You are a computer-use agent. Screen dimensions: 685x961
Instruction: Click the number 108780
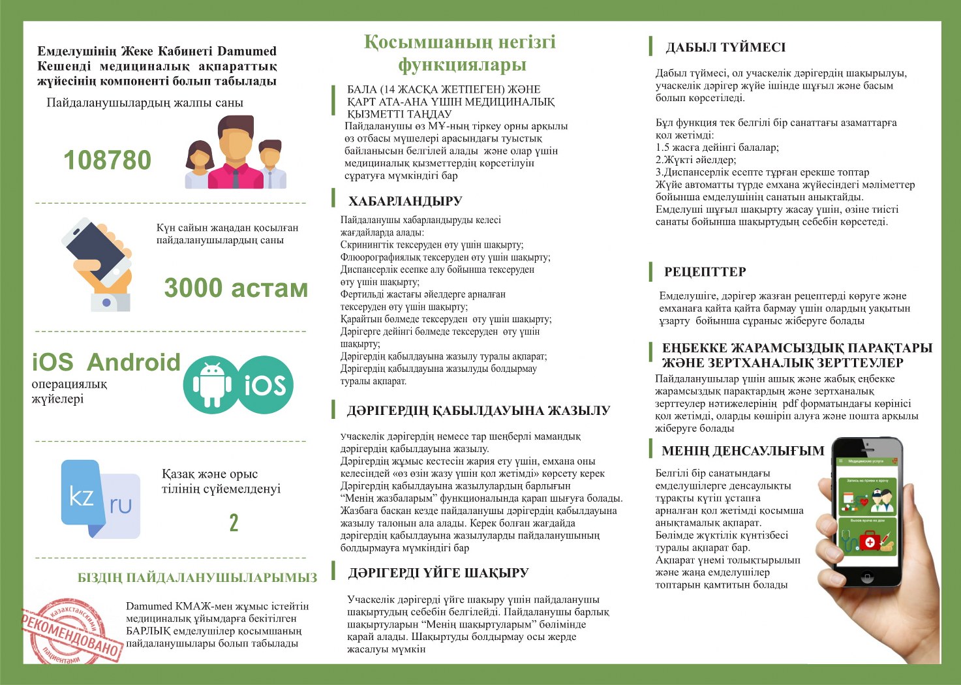click(107, 160)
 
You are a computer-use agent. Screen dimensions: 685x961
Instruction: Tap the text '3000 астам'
click(236, 288)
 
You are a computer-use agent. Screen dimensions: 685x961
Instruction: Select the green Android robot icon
click(213, 384)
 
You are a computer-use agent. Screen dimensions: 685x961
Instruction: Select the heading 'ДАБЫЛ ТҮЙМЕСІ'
click(725, 48)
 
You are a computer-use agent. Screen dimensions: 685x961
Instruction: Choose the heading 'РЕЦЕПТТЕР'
click(705, 272)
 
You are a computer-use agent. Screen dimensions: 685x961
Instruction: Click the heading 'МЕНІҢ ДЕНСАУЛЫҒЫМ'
click(742, 451)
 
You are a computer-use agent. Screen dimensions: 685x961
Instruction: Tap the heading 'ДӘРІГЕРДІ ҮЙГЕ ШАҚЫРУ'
click(438, 573)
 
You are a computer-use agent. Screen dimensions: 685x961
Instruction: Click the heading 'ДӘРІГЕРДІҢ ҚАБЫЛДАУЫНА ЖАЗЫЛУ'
click(478, 410)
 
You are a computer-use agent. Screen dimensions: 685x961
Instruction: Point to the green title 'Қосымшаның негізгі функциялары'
click(461, 53)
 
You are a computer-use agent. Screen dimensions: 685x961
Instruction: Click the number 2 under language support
click(234, 523)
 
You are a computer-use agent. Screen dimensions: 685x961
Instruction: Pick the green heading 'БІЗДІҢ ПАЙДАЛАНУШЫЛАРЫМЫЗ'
click(197, 578)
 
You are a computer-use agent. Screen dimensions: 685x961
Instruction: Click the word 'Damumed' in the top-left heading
click(247, 51)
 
